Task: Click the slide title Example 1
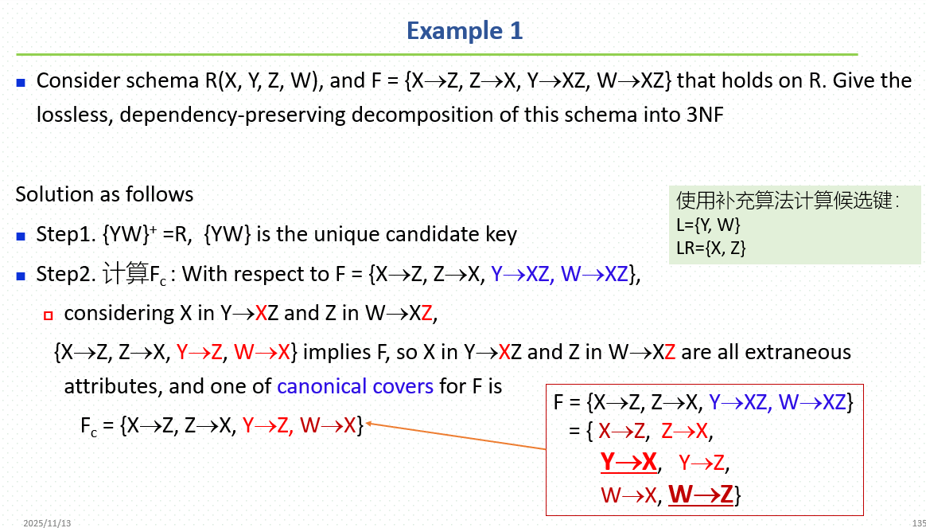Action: click(x=464, y=31)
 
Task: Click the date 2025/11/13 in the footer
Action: click(x=47, y=523)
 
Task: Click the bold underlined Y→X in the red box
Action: click(x=628, y=462)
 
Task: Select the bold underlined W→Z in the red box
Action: click(x=701, y=494)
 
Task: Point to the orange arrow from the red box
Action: click(x=456, y=436)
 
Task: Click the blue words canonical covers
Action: click(x=355, y=386)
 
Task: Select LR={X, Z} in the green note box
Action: click(x=711, y=248)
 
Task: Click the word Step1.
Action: click(x=65, y=234)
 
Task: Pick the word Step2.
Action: click(x=65, y=274)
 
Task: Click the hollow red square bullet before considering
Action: click(x=49, y=315)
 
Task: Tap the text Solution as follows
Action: click(x=104, y=194)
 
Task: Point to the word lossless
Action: click(x=74, y=114)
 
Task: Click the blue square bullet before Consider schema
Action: click(x=21, y=83)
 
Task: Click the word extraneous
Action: click(x=796, y=352)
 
